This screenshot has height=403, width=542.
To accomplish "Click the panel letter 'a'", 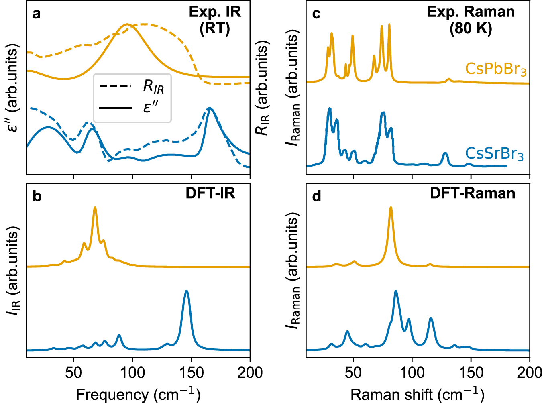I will [x=37, y=14].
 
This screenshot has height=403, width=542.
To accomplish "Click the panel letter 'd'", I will [x=316, y=197].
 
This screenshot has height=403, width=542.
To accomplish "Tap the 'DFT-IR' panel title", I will [x=210, y=193].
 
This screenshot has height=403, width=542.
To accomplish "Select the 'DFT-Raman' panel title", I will [x=473, y=193].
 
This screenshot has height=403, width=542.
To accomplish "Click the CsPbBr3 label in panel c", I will [x=495, y=69].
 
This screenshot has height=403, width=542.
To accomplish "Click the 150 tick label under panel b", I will [x=191, y=372].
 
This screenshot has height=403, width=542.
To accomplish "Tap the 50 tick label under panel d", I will [x=353, y=372].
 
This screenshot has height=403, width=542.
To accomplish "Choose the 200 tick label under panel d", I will [x=529, y=372].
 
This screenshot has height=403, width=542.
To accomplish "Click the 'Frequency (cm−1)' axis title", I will [x=138, y=394].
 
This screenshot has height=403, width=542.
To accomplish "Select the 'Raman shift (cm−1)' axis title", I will [x=417, y=394].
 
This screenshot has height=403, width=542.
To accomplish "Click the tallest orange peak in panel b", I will [x=95, y=208].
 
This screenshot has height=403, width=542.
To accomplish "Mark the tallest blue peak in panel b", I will [x=186, y=291].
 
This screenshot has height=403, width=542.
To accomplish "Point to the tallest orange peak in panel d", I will [x=391, y=208].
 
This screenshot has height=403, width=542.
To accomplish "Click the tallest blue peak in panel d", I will [x=396, y=291].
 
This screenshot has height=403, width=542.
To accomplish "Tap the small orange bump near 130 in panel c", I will [x=449, y=79].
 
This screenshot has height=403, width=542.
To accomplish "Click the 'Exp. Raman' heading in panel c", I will [x=471, y=12].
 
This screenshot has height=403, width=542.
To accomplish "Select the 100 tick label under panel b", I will [x=132, y=372].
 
